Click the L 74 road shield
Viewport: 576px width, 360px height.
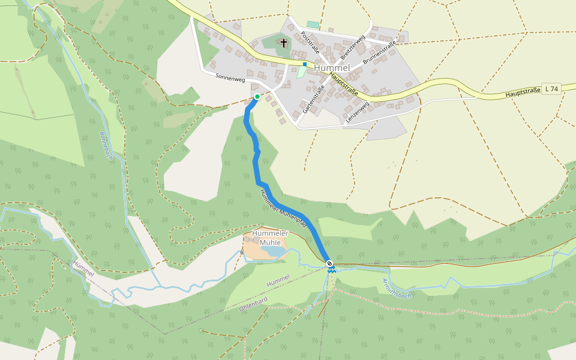click(x=550, y=89)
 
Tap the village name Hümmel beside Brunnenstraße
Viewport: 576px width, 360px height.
click(x=332, y=68)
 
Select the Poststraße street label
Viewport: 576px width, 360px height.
click(x=310, y=44)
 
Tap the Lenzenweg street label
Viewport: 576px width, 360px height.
click(x=358, y=112)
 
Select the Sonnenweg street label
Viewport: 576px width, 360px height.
click(x=230, y=77)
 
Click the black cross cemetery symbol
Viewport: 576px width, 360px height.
click(x=284, y=43)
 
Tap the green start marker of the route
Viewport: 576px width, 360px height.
click(x=257, y=96)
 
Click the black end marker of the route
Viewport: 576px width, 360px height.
click(x=329, y=263)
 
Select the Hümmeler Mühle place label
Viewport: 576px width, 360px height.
click(x=270, y=238)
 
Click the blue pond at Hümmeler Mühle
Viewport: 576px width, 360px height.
click(x=271, y=251)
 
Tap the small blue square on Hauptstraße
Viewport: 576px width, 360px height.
click(x=305, y=64)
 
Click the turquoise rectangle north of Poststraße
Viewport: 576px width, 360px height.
click(x=313, y=25)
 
